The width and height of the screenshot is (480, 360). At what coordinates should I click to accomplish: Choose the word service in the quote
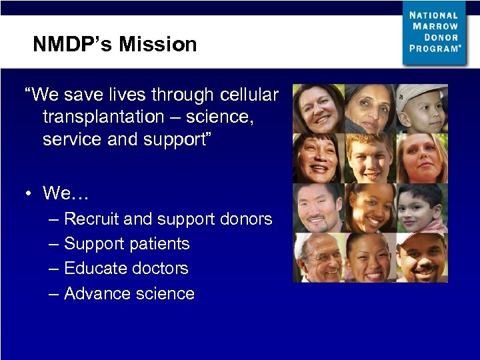[x=69, y=140]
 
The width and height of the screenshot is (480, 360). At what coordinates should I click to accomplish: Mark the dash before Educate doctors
[x=53, y=269]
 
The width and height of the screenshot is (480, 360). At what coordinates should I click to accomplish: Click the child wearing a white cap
[x=422, y=107]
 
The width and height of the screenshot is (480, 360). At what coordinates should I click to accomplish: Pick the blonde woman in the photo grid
[x=422, y=157]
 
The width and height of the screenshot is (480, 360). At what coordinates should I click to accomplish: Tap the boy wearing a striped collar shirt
[x=422, y=207]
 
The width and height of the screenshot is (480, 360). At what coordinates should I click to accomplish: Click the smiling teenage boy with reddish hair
[x=370, y=157]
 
